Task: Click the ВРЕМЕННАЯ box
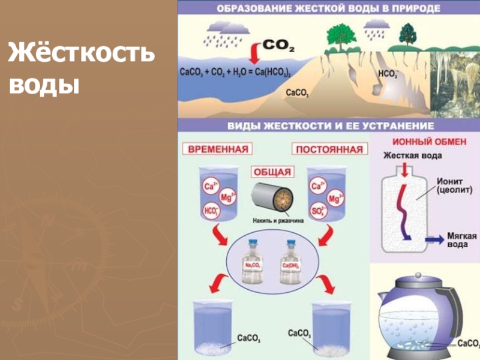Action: coord(218,149)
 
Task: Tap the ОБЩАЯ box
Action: coord(273,172)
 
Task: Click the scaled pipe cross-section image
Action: coord(272,197)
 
